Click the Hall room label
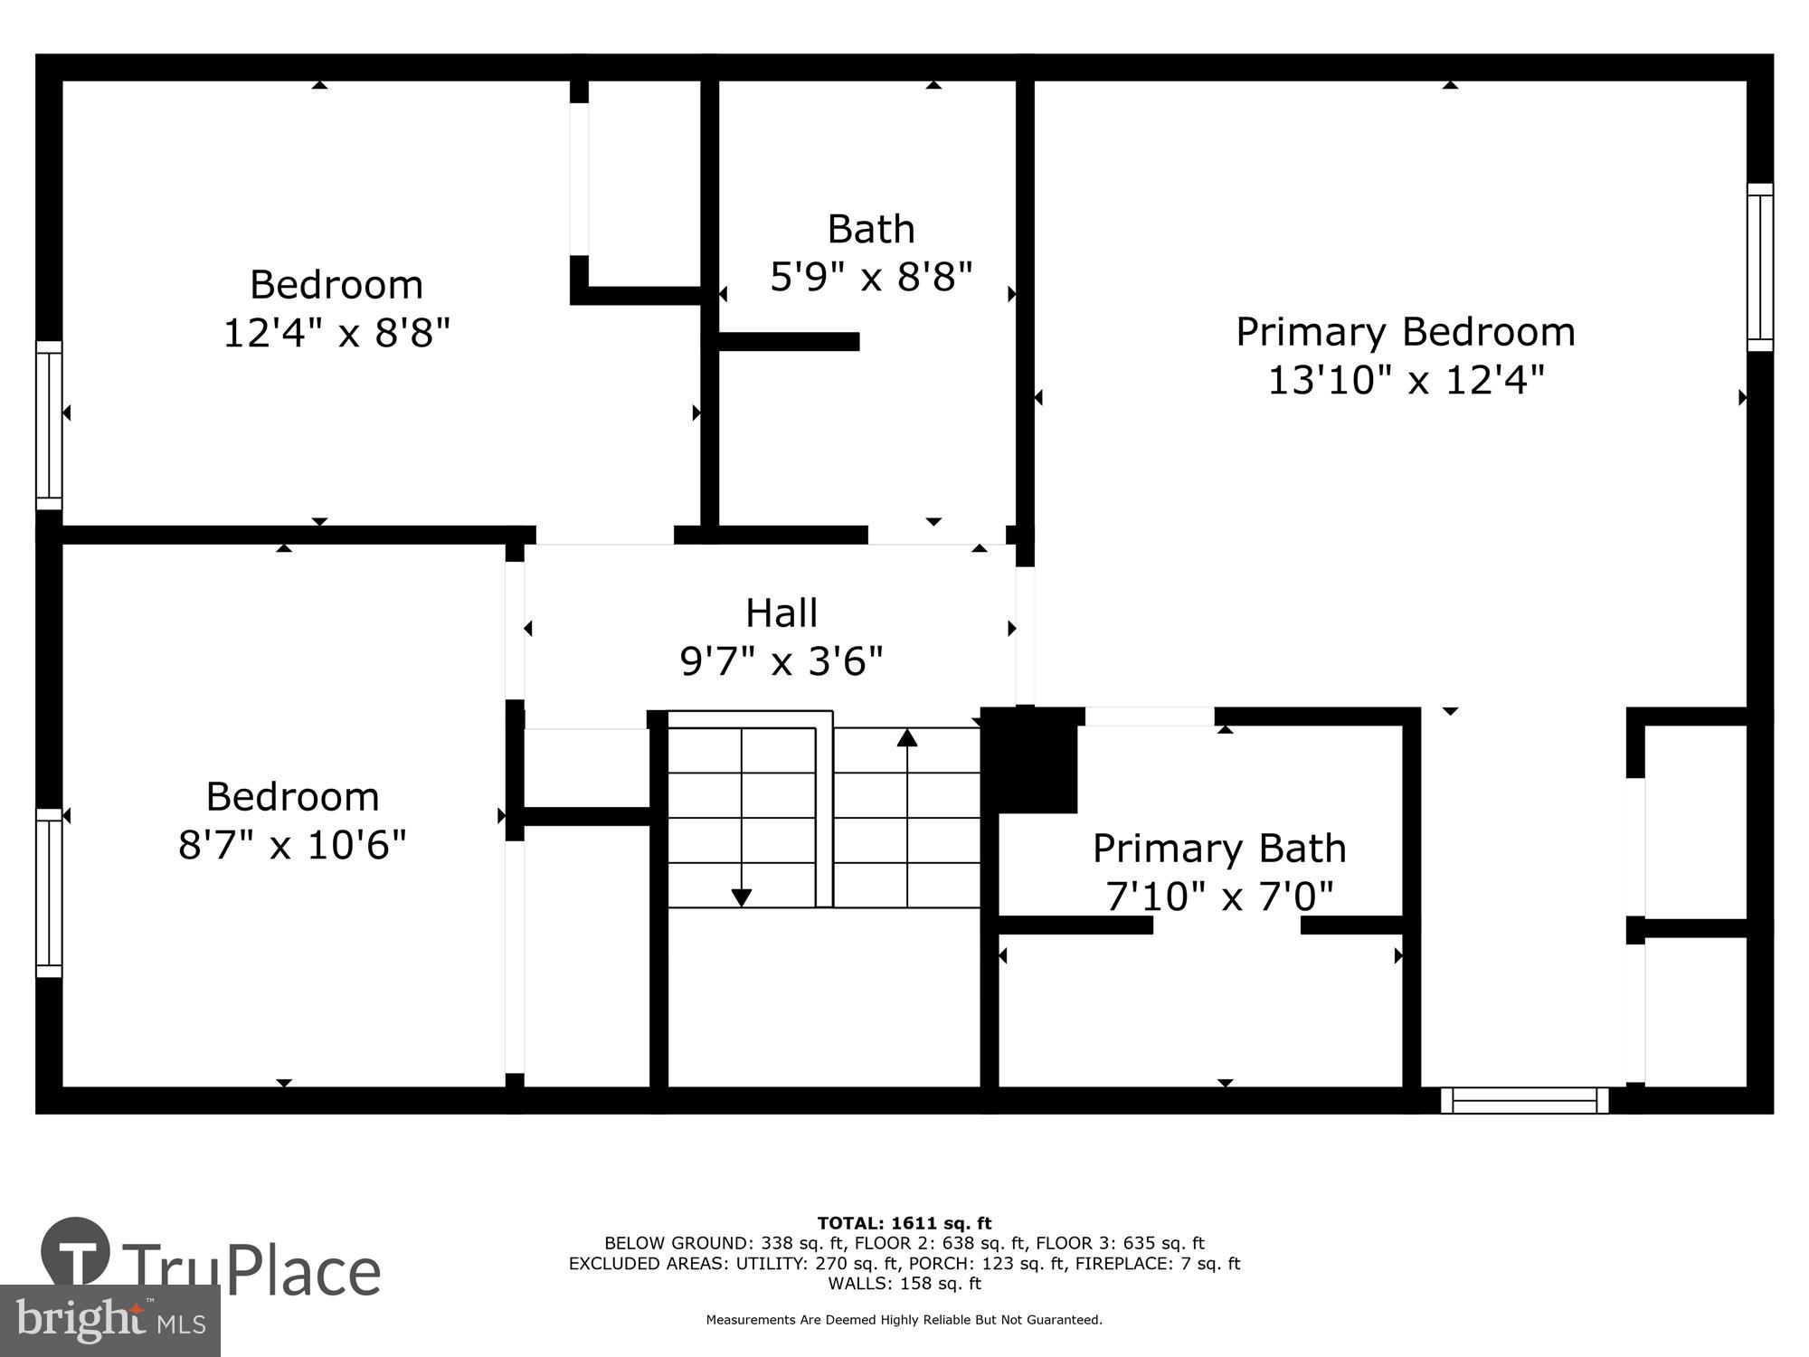click(x=781, y=613)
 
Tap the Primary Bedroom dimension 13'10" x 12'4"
click(x=1405, y=380)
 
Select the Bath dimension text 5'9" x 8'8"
click(x=870, y=277)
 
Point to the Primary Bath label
click(x=1219, y=849)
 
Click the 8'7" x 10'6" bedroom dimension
click(x=292, y=845)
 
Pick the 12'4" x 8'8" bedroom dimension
click(x=336, y=333)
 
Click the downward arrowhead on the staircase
click(x=741, y=897)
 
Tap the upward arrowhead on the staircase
click(x=907, y=737)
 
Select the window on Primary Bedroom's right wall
click(x=1759, y=267)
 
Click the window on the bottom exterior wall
click(x=1524, y=1100)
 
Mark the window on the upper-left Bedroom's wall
click(x=49, y=425)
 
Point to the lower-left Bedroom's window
click(x=49, y=893)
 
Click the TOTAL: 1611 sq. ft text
click(x=904, y=1223)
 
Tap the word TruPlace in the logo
click(x=251, y=1271)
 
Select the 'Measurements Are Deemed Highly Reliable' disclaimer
click(x=904, y=1320)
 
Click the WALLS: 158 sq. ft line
click(x=904, y=1283)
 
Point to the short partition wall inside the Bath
click(x=787, y=341)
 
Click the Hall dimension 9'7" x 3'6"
click(x=781, y=661)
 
